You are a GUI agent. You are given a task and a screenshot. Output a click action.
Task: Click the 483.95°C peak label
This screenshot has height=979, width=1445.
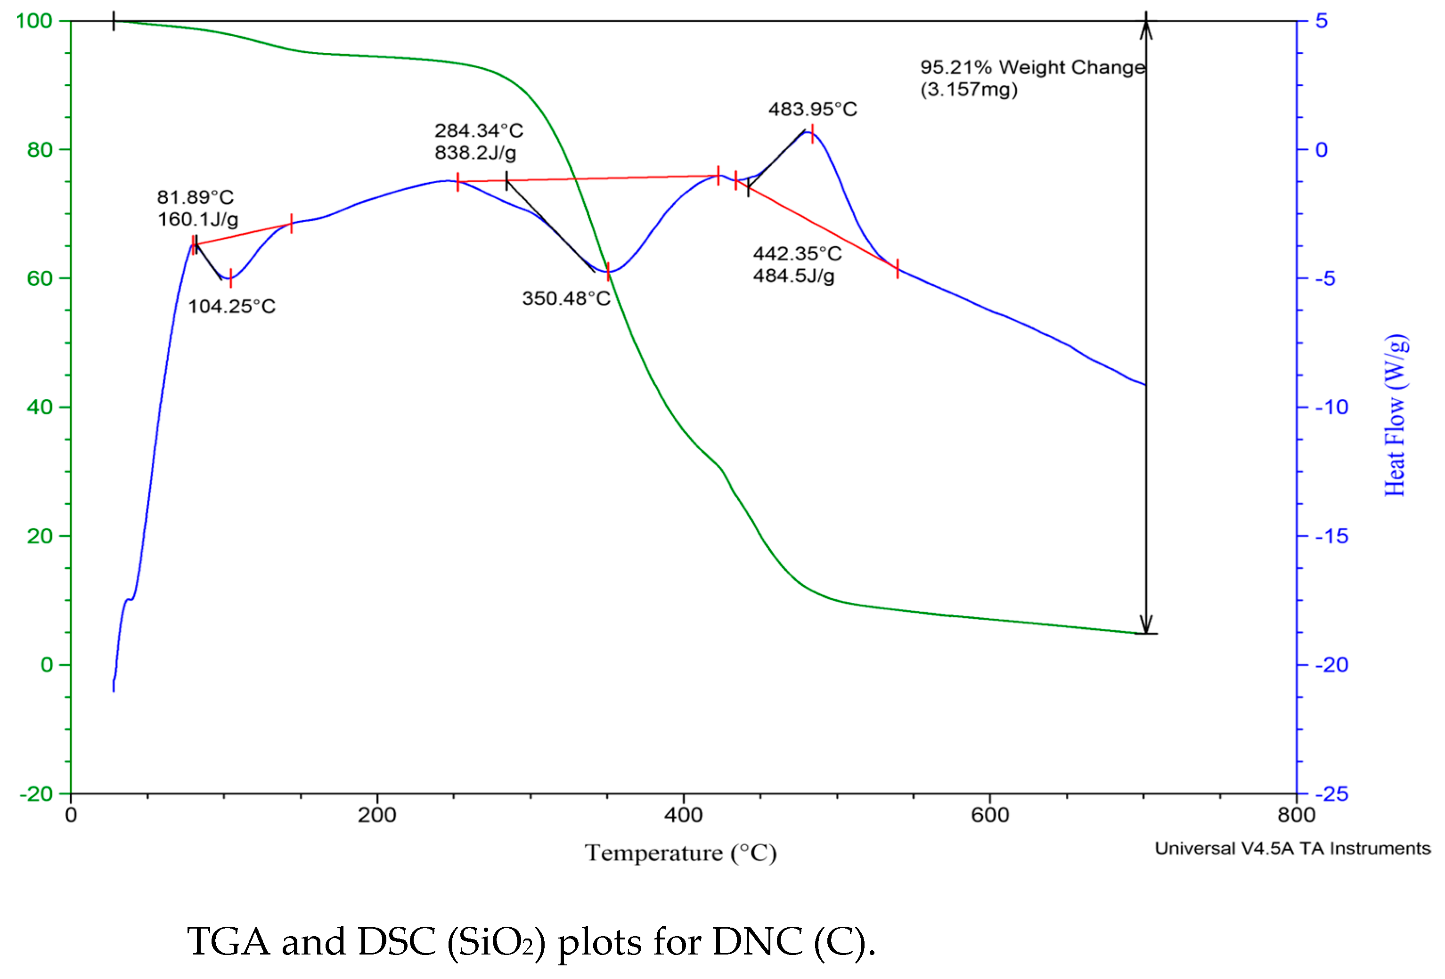[812, 109]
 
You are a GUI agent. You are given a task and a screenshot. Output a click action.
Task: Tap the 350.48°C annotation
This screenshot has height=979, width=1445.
[566, 299]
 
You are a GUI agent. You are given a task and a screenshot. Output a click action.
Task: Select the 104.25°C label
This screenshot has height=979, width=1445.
[231, 307]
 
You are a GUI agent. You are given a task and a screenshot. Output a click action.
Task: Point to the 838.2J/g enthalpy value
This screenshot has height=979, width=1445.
[475, 152]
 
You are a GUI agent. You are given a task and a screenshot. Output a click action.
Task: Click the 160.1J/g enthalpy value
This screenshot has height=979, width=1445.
[198, 219]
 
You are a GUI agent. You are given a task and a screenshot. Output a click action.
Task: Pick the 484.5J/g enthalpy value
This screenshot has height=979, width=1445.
[793, 275]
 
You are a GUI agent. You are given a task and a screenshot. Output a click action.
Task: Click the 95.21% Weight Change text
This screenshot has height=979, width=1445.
[1032, 67]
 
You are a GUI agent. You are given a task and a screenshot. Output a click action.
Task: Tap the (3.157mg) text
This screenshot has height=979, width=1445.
[969, 89]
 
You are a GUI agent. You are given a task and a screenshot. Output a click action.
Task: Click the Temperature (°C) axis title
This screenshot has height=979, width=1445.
[680, 853]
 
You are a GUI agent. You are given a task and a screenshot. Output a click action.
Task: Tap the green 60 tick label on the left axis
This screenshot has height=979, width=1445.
[39, 278]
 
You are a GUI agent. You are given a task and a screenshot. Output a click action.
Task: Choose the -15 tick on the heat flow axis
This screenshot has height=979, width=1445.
[1331, 536]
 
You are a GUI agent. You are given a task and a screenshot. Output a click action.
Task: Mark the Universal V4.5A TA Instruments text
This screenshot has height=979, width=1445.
[1293, 849]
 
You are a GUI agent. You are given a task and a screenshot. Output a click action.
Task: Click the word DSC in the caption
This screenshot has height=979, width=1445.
[396, 942]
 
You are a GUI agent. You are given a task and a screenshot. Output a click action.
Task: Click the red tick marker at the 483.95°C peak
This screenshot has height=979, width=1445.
[812, 134]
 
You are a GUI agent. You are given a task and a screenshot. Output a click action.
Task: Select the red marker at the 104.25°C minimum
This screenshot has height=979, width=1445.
[231, 278]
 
